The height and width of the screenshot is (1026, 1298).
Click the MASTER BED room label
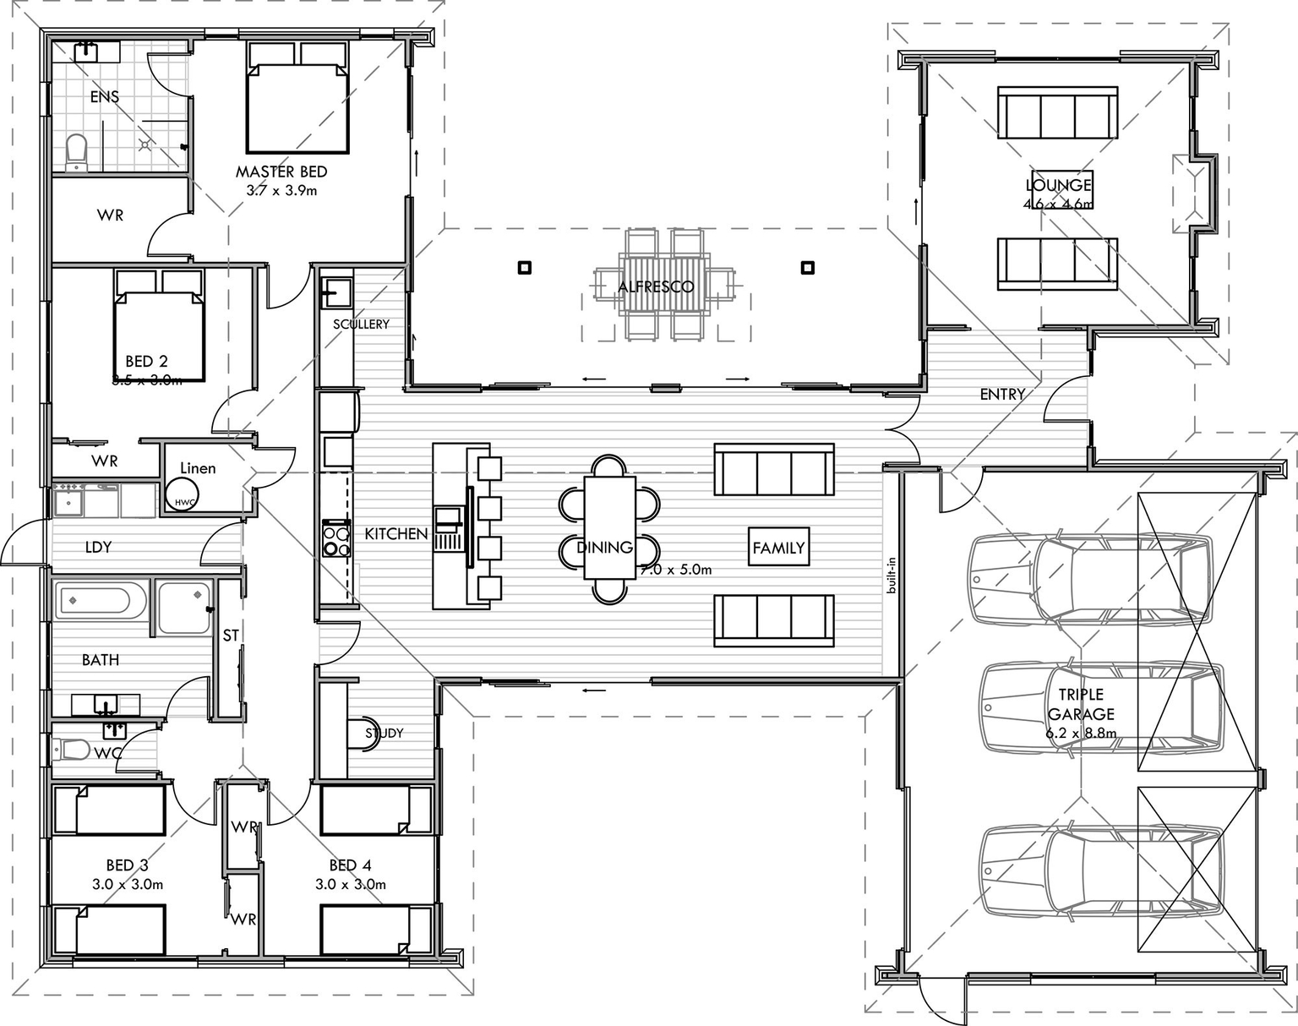(x=281, y=172)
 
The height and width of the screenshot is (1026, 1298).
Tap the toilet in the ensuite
(x=76, y=152)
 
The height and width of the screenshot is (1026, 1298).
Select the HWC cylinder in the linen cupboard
(x=183, y=494)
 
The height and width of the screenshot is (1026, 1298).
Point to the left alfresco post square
(x=525, y=268)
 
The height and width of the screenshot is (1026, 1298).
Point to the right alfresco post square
(x=808, y=268)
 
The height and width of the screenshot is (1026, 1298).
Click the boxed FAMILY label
(x=778, y=548)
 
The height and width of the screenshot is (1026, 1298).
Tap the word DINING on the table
(x=605, y=547)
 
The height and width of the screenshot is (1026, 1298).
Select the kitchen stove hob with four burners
(x=336, y=540)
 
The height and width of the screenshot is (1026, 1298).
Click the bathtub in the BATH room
(x=93, y=602)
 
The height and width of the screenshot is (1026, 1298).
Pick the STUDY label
(x=384, y=733)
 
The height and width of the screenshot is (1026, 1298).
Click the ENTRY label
(x=1002, y=394)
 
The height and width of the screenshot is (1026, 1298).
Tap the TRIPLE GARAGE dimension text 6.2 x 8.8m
(x=1081, y=733)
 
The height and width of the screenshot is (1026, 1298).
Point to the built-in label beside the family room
(x=891, y=575)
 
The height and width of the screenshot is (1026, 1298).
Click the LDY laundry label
(x=98, y=547)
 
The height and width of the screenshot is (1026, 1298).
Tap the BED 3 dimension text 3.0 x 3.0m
(x=128, y=884)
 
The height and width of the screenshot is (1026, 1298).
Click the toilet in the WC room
(x=73, y=749)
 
